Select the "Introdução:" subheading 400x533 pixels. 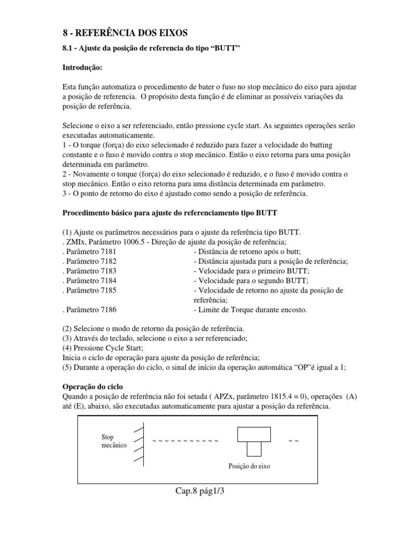point(83,68)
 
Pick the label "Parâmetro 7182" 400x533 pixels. point(89,262)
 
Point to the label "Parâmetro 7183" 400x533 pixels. point(89,271)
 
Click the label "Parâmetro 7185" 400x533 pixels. point(89,290)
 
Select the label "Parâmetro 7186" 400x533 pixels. point(89,310)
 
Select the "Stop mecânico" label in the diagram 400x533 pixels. point(113,442)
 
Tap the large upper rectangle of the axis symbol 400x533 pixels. point(254,434)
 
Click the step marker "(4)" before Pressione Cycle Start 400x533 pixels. point(68,348)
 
